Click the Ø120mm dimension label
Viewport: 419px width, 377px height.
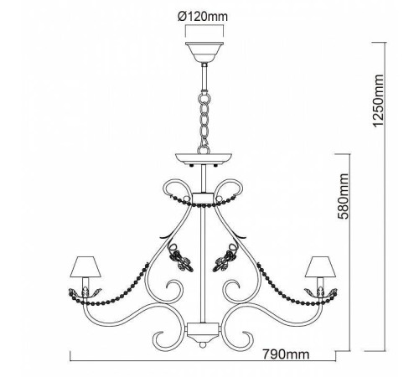(203, 17)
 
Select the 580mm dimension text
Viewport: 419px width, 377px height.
(343, 196)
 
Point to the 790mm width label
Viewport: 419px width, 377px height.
(286, 354)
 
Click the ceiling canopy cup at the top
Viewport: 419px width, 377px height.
(204, 53)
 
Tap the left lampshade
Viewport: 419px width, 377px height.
(85, 266)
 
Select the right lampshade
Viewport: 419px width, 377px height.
(320, 266)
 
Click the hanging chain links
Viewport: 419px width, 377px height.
(204, 123)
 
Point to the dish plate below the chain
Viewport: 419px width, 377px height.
(204, 159)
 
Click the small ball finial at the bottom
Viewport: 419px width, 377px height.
(202, 345)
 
